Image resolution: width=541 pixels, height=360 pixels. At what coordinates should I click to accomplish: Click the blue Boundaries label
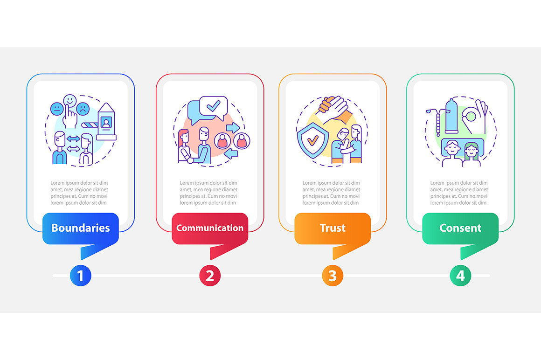(80, 228)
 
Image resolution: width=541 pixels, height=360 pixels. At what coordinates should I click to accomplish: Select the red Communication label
(210, 228)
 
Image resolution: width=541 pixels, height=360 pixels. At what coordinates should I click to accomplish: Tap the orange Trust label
(333, 228)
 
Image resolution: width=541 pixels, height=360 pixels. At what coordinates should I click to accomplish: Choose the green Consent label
(460, 228)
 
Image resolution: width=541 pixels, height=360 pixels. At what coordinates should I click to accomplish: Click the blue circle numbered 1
(80, 276)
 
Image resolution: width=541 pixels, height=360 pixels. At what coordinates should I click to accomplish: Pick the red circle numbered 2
(210, 276)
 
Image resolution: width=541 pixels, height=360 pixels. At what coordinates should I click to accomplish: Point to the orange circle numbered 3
(333, 276)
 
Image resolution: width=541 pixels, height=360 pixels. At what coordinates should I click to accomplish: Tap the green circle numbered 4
(460, 276)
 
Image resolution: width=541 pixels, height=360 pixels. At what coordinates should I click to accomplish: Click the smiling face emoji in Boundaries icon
(69, 101)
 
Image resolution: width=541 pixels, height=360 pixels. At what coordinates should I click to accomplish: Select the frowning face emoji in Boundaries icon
(83, 109)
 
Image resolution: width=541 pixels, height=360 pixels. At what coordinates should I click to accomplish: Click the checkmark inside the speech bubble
(214, 105)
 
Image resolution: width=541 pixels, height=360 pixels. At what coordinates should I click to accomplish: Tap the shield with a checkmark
(312, 141)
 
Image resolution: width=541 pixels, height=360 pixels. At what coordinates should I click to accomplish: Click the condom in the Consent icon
(451, 116)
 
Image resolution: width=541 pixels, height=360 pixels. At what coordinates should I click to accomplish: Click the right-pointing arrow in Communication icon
(233, 128)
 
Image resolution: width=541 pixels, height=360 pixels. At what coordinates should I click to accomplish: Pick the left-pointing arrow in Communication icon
(231, 153)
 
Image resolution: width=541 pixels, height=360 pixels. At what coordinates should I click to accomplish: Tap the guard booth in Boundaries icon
(106, 121)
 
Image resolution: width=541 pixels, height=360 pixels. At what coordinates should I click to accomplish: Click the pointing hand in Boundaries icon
(70, 117)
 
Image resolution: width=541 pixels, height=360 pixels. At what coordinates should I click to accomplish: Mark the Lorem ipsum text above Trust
(331, 193)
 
